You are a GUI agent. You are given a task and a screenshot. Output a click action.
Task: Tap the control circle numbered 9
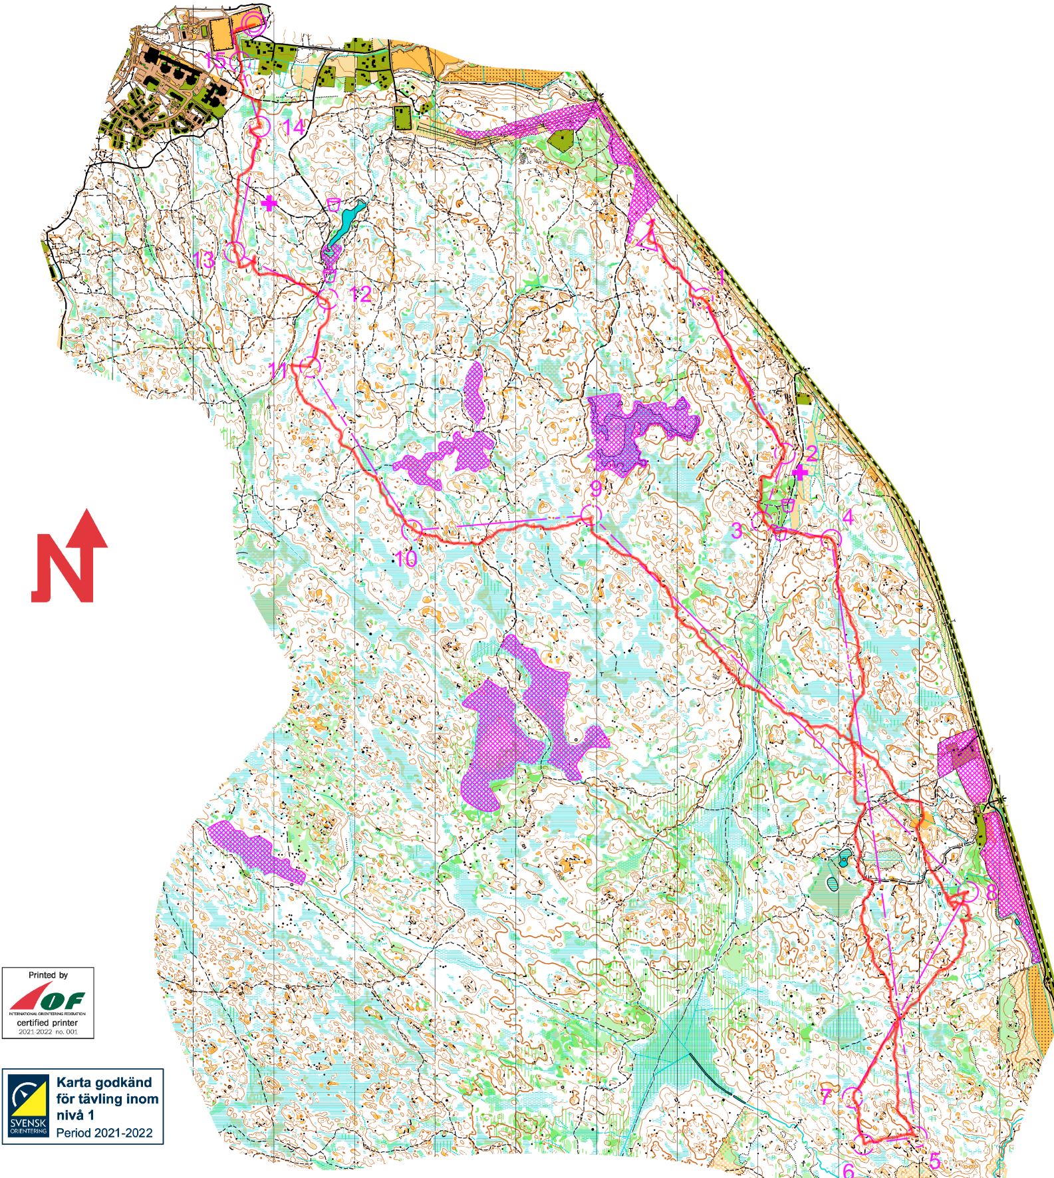(591, 514)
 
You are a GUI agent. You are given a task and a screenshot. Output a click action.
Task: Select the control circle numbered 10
(412, 529)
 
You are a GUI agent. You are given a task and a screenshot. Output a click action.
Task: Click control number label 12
(360, 293)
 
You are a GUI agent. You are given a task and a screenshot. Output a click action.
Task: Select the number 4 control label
(847, 517)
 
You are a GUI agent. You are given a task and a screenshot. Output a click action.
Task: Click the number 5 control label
(934, 1161)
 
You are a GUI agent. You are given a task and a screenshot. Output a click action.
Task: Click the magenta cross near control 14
(269, 203)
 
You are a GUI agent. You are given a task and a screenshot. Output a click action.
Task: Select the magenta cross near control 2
(801, 472)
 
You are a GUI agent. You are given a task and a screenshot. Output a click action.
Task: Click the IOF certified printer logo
(47, 1002)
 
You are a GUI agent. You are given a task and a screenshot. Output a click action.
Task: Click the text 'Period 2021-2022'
(104, 1131)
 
